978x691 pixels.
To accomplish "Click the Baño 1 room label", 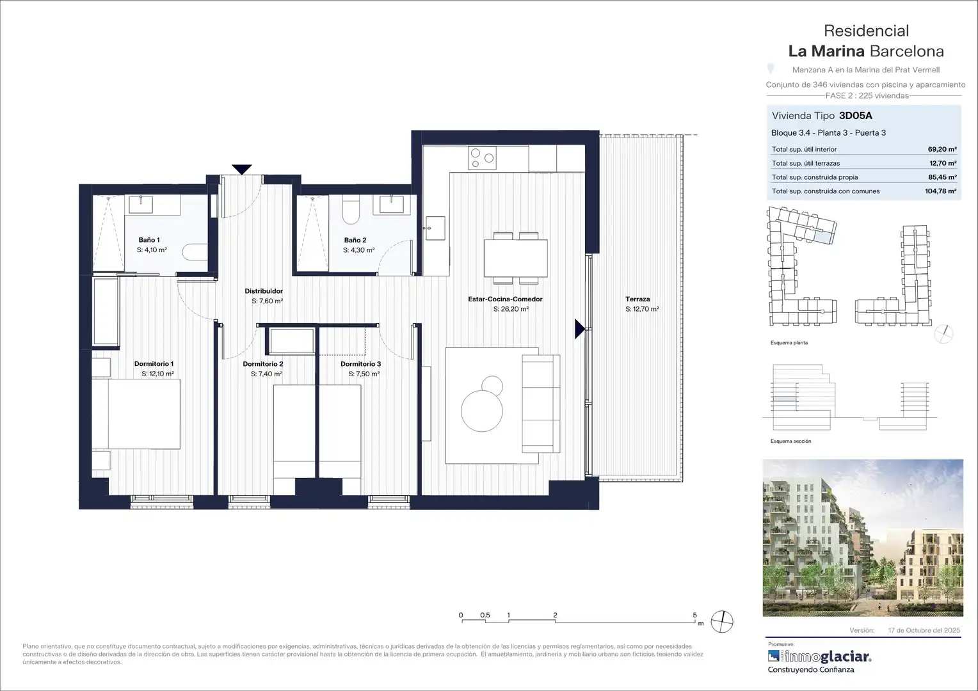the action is coord(149,240).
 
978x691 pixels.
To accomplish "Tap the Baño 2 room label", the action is coord(355,240).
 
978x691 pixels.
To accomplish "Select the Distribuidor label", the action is coord(264,291).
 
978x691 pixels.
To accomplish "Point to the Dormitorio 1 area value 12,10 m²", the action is coord(157,374).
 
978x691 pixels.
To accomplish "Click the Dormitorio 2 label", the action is coord(263,363).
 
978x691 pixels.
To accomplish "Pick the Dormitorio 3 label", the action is coord(360,363).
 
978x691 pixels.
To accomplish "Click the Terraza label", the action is coord(637,299).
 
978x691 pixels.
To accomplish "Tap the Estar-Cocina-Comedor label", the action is coord(505,299).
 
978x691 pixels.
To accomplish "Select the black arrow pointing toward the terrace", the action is coord(579,329).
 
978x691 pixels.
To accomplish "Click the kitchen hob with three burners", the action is coord(482,157).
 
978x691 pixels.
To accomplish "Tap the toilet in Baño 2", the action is coord(351,209).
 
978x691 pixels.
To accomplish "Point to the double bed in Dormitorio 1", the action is coord(136,414).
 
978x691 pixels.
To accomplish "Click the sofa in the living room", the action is coord(541,403).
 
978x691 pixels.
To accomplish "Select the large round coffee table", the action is coord(481,411).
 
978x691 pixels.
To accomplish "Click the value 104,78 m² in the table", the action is coord(940,191).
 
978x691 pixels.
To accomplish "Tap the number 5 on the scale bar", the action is coord(694,615).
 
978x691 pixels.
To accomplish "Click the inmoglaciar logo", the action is coord(819,656).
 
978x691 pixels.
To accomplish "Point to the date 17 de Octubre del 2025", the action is coord(924,630).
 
